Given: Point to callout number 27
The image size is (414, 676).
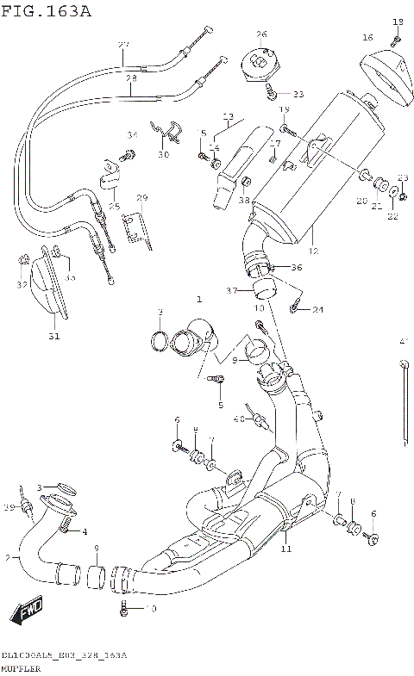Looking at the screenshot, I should click(122, 45).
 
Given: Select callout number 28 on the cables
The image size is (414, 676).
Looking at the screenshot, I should click(131, 78).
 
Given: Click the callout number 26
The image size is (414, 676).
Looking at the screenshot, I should click(261, 34).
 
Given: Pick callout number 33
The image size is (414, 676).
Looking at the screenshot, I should click(299, 94).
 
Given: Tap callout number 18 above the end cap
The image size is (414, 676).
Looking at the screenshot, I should click(398, 22).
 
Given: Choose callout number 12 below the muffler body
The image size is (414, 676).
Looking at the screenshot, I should click(313, 251).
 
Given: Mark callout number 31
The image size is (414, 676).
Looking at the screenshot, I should click(53, 336).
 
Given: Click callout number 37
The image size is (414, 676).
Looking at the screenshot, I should click(230, 290).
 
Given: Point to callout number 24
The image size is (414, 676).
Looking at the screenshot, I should click(317, 309).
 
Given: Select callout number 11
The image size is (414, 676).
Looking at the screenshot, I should click(285, 549).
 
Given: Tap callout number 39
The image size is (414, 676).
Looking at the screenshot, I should click(10, 506).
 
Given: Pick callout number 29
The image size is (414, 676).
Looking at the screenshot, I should click(143, 198).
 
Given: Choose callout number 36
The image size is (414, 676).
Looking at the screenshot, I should click(297, 267).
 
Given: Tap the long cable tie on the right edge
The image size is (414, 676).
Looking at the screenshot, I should click(405, 405).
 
